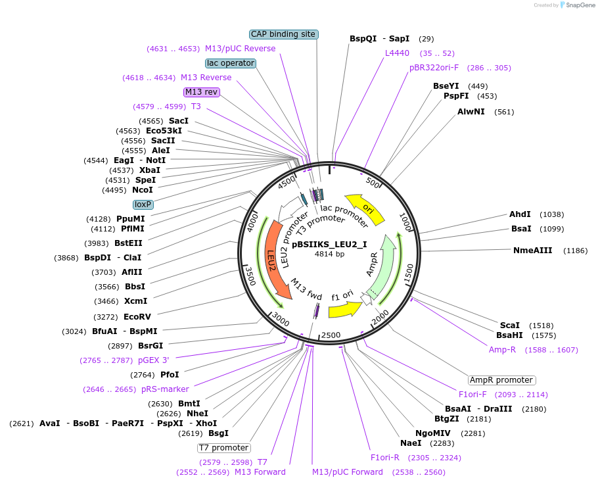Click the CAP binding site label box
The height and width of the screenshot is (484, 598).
pyautogui.click(x=284, y=34)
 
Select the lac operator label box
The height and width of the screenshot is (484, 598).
pyautogui.click(x=231, y=63)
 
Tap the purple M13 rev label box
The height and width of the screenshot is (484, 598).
pyautogui.click(x=201, y=92)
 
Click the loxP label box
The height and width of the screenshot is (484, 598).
pyautogui.click(x=143, y=205)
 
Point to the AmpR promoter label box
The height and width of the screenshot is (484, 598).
pyautogui.click(x=501, y=380)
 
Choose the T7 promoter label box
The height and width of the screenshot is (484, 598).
pyautogui.click(x=224, y=448)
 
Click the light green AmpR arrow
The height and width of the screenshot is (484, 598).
pyautogui.click(x=383, y=267)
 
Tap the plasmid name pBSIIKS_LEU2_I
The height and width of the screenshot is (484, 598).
pyautogui.click(x=329, y=244)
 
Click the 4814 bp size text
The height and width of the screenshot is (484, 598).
pyautogui.click(x=329, y=254)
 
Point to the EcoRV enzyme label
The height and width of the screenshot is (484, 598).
pyautogui.click(x=137, y=317)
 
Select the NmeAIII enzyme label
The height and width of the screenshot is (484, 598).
pyautogui.click(x=532, y=251)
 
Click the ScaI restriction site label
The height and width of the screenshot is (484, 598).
pyautogui.click(x=509, y=326)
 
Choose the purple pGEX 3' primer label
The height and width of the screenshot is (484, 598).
pyautogui.click(x=153, y=360)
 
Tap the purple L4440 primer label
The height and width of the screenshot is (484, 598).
pyautogui.click(x=397, y=53)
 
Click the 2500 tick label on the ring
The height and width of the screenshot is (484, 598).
pyautogui.click(x=331, y=335)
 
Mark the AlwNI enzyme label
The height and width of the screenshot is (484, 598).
pyautogui.click(x=471, y=111)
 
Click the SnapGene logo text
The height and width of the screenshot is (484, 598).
pyautogui.click(x=580, y=5)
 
